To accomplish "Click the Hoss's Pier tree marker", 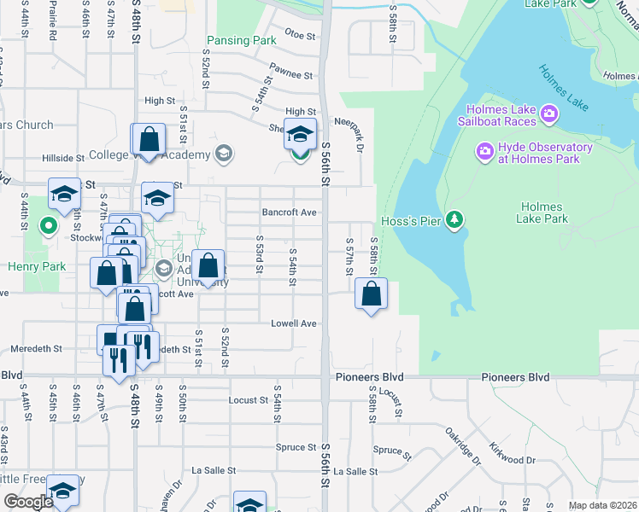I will tap(455, 220).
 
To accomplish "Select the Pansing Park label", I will tap(241, 40).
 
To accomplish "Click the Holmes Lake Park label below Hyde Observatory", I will tap(542, 212).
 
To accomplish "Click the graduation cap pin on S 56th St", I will tap(300, 135).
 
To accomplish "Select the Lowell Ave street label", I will tap(293, 323).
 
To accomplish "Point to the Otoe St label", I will tap(300, 34).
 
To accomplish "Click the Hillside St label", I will tap(63, 158).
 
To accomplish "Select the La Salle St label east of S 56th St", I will tap(355, 471).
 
